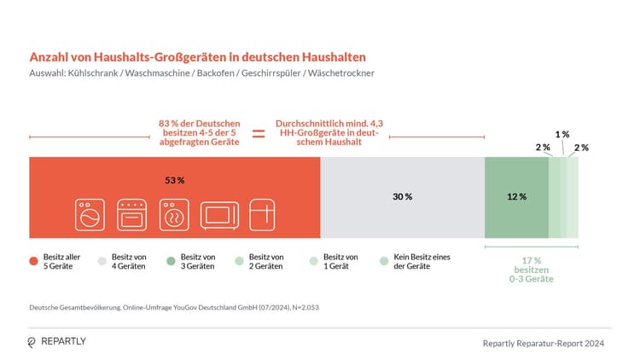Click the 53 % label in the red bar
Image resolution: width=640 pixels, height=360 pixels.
tap(175, 181)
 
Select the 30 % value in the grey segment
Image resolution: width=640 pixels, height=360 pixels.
tap(402, 196)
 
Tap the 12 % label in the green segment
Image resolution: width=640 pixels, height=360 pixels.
tap(516, 196)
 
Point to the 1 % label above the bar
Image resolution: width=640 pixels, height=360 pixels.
tap(562, 135)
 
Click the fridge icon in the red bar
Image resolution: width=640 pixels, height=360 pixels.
tap(264, 215)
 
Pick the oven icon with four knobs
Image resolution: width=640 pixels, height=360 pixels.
tap(132, 215)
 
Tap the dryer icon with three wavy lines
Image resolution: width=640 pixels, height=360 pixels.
tap(173, 215)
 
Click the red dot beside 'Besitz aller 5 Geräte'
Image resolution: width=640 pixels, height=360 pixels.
tap(33, 262)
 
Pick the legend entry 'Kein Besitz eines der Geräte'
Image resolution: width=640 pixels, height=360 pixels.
tap(422, 262)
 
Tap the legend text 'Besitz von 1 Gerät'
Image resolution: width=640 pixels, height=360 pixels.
tap(346, 262)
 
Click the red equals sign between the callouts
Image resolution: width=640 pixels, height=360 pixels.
tap(258, 134)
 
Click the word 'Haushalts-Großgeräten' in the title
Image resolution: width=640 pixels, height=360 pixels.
tap(161, 57)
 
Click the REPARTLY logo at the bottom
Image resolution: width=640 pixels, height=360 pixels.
tap(58, 341)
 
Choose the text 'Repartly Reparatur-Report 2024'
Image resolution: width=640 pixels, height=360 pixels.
tap(544, 343)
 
